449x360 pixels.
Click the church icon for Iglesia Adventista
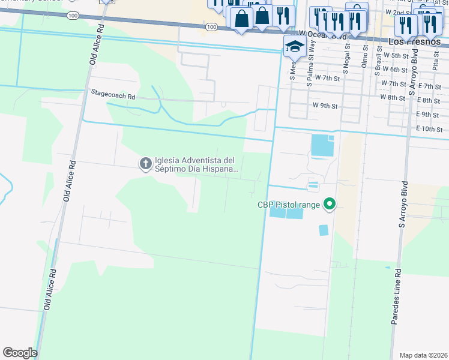(145, 164)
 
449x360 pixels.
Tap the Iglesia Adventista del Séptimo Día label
(196, 164)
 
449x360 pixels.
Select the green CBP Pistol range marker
(329, 205)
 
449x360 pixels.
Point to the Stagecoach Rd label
(113, 94)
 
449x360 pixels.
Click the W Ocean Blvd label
(323, 35)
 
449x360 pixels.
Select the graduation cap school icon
(294, 46)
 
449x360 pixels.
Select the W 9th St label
(325, 106)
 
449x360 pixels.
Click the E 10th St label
(429, 129)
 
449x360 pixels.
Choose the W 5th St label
(395, 55)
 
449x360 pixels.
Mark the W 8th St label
(393, 97)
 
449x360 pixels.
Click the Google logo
(20, 352)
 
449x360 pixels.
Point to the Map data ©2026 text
(423, 355)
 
